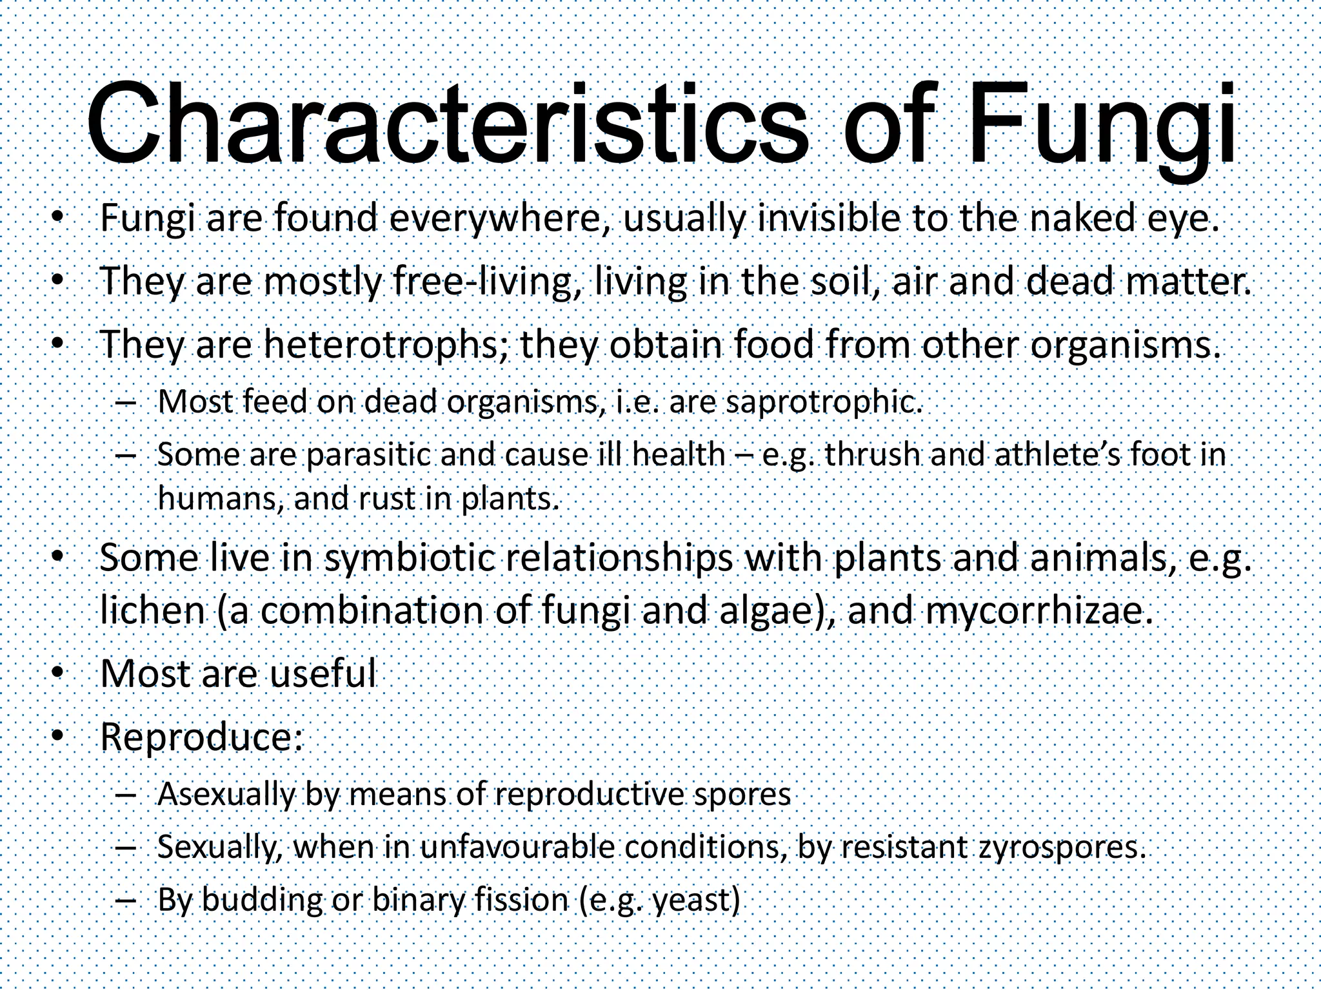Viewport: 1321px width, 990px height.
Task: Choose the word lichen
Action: [x=152, y=611]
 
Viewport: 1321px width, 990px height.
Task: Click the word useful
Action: [x=322, y=674]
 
